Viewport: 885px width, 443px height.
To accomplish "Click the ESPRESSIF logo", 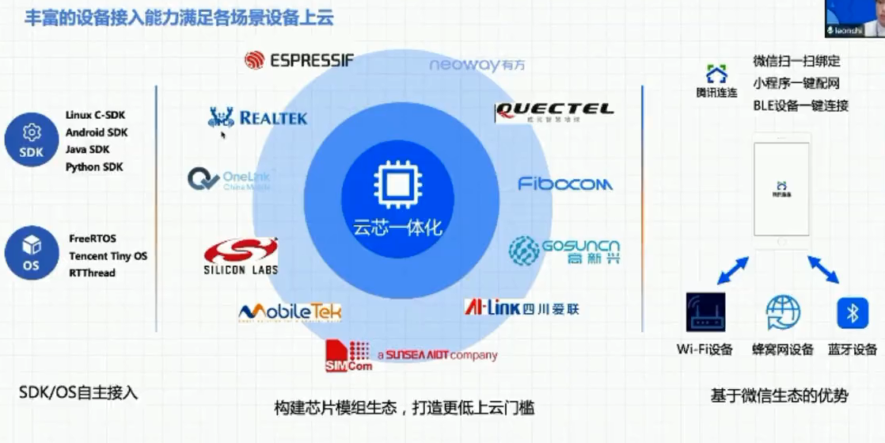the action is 298,60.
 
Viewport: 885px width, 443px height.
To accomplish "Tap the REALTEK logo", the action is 256,118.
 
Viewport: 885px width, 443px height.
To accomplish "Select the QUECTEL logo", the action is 553,112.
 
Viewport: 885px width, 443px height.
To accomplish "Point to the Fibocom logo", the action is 565,184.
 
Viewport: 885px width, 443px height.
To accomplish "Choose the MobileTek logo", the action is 290,312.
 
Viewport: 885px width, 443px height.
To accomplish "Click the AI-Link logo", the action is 522,307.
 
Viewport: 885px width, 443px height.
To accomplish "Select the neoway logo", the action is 477,65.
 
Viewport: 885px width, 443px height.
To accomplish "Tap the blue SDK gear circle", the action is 32,139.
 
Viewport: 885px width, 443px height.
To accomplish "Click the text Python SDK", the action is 94,166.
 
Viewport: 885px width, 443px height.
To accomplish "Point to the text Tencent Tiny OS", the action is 108,256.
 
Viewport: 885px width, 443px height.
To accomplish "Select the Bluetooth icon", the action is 853,313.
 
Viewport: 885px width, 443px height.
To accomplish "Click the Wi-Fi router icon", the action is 705,312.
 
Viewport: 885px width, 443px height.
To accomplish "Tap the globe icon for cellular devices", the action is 783,312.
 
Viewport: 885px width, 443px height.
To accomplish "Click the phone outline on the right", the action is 781,189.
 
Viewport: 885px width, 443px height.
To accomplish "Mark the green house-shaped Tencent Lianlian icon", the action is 716,74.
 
